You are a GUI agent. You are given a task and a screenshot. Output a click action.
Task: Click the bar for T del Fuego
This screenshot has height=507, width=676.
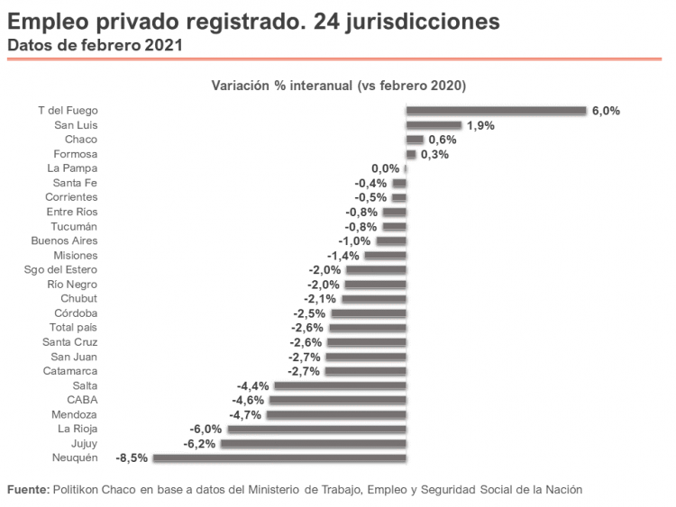tap(496, 111)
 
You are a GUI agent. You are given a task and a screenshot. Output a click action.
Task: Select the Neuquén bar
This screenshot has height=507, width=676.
tap(279, 458)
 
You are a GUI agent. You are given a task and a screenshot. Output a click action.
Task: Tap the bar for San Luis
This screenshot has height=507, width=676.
tap(434, 125)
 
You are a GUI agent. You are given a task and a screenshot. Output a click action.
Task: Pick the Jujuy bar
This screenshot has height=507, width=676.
tap(313, 444)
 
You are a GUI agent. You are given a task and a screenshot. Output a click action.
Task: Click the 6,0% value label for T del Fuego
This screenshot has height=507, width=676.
tap(606, 111)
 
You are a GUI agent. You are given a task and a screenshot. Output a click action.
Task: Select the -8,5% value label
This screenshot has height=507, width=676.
tap(132, 458)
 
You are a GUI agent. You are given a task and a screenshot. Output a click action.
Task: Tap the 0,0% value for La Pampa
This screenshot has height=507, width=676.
tap(385, 168)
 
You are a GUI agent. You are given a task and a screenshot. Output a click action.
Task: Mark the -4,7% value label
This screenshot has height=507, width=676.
tap(246, 415)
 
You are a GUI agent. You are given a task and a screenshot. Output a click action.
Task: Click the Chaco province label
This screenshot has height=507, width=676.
tap(81, 140)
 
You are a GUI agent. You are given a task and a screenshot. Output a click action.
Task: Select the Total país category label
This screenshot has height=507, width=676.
tap(73, 328)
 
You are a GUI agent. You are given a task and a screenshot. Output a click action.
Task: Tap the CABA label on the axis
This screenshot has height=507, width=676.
tap(82, 400)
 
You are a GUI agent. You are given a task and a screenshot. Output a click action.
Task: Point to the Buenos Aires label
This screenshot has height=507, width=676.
tap(64, 240)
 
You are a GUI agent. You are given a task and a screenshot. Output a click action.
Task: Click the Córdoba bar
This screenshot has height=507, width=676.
tap(369, 313)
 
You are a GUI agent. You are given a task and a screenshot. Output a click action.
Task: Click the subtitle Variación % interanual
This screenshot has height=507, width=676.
tap(338, 86)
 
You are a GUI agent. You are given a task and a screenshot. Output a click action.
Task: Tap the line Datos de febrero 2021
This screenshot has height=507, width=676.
tap(96, 44)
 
